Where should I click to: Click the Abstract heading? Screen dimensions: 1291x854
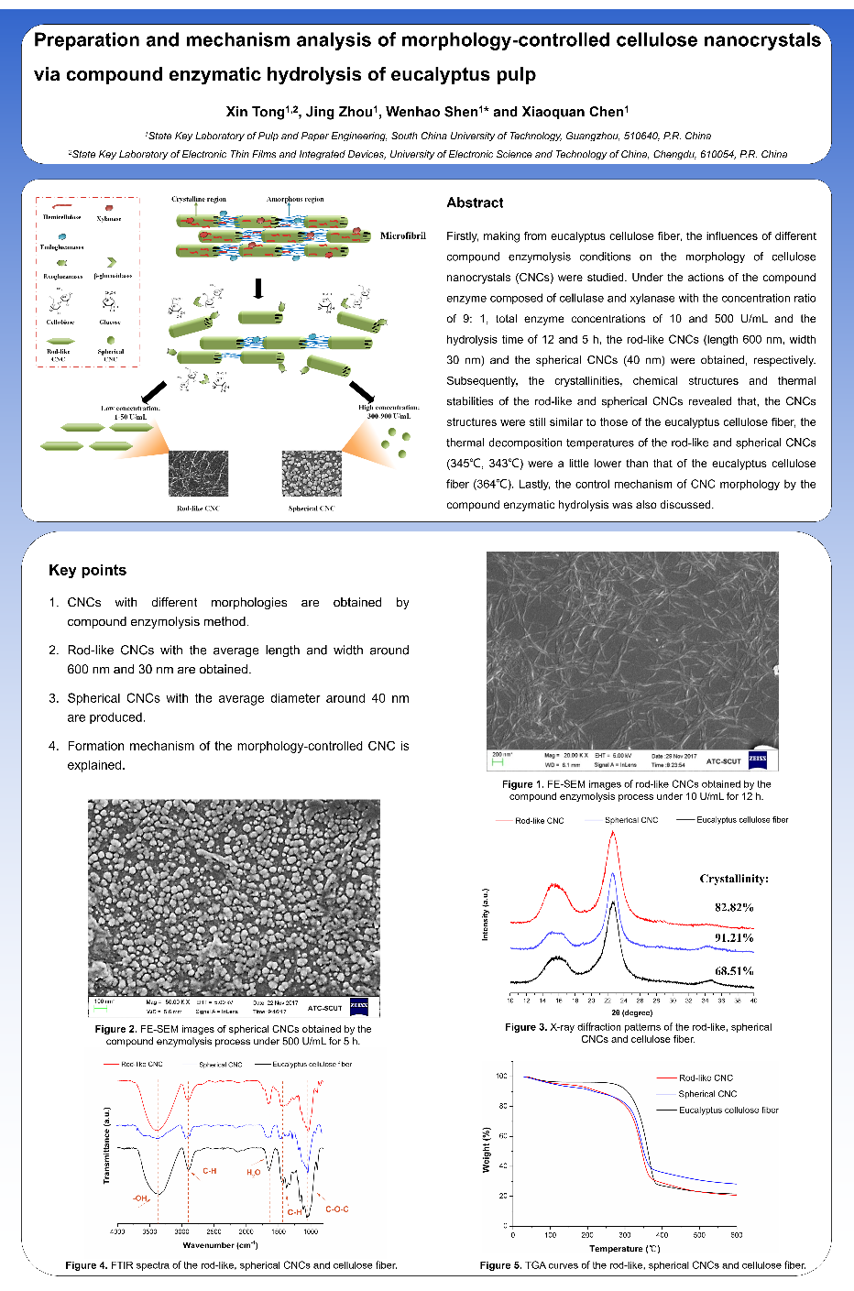click(475, 202)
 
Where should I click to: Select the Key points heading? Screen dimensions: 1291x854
click(87, 570)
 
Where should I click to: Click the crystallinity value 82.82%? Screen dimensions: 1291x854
click(734, 907)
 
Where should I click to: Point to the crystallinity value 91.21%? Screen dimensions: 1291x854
click(734, 937)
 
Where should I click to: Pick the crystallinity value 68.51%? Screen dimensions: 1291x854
click(734, 970)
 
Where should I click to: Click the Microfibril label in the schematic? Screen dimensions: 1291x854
click(403, 235)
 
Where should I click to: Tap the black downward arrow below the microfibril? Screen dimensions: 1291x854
click(258, 289)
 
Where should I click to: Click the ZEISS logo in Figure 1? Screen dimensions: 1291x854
click(758, 760)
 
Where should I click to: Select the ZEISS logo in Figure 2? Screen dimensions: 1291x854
click(359, 1006)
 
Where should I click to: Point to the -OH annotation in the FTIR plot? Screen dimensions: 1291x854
click(140, 1198)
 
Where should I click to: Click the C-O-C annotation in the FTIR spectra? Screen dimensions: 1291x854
click(336, 1209)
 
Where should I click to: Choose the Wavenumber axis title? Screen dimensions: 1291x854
click(220, 1245)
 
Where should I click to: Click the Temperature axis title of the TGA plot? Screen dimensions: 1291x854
click(625, 1249)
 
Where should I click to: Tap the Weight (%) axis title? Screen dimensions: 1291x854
click(486, 1149)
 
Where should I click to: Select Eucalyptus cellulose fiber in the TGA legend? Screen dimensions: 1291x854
click(728, 1110)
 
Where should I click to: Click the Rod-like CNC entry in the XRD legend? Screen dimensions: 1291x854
click(539, 821)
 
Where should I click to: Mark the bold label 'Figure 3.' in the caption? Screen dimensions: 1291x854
click(525, 1027)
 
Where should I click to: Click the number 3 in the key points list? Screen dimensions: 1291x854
click(53, 698)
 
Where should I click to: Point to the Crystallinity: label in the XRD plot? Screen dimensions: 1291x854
click(734, 878)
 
